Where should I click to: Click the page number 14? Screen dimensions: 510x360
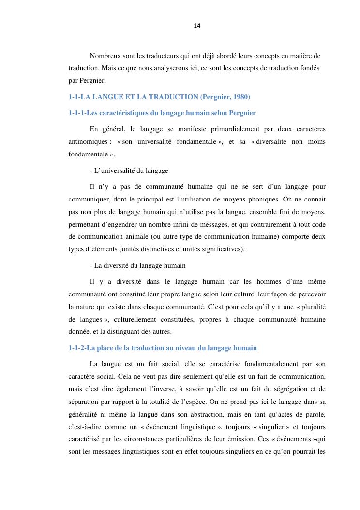coord(197,26)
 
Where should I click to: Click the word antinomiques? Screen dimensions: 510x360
coord(88,141)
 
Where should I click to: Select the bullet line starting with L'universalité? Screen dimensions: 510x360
coord(129,170)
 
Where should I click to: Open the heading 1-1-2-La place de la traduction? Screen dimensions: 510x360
coord(163,348)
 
